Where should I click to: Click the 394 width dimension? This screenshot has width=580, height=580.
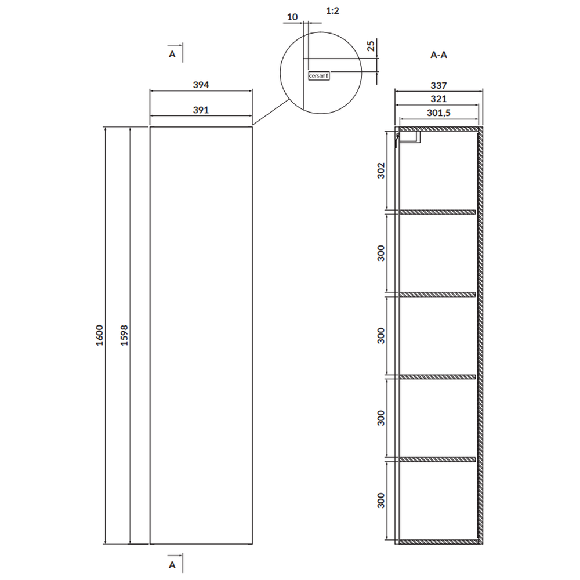[x=201, y=85]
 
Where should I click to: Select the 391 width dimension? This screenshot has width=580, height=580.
[x=201, y=110]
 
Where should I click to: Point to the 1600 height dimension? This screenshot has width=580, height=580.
[x=100, y=335]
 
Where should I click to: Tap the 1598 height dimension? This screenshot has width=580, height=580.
[x=124, y=335]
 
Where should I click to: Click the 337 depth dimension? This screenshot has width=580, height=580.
[x=438, y=85]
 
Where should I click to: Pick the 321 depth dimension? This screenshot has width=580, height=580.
[x=438, y=99]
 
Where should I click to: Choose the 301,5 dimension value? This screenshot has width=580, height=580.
[x=438, y=113]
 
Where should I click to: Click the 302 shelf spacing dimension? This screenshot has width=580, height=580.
[x=381, y=171]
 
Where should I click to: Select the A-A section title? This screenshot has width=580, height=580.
[x=438, y=55]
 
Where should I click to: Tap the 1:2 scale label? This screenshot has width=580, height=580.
[x=332, y=10]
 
